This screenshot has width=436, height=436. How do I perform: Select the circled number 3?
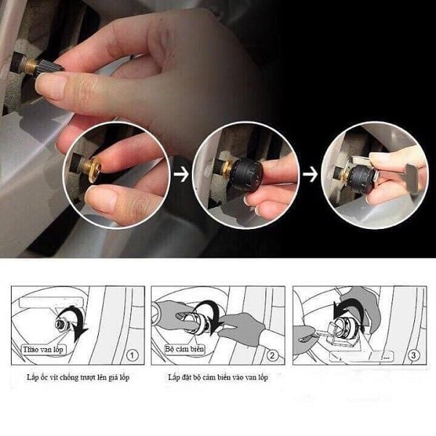[x=411, y=356]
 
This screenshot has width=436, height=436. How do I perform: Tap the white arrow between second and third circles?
[x=310, y=175]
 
